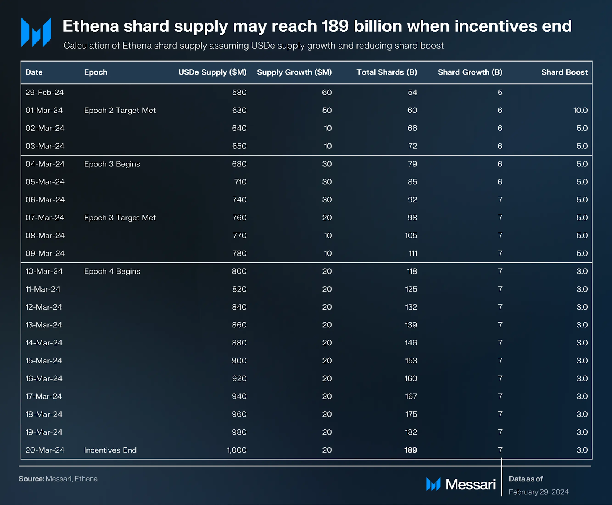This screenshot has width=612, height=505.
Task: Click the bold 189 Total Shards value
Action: [410, 450]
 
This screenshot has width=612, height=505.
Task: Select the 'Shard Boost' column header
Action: [564, 72]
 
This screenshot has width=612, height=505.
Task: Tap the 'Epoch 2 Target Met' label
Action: [120, 110]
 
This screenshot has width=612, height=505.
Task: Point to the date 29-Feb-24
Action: [44, 93]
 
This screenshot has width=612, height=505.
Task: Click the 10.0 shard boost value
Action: [580, 110]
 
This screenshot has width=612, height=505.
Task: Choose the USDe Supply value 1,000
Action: [236, 450]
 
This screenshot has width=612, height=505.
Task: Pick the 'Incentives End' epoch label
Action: [110, 450]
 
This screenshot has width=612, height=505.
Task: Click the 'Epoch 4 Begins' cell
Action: [112, 271]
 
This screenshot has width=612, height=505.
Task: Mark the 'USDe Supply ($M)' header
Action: [212, 72]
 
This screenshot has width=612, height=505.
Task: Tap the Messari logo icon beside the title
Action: [36, 32]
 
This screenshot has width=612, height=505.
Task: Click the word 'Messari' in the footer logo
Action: [470, 484]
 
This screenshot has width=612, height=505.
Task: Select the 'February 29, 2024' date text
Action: [539, 492]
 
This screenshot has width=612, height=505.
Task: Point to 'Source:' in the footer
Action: [31, 479]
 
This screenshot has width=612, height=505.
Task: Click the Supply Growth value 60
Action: [327, 93]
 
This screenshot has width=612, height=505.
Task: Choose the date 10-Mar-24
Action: [44, 271]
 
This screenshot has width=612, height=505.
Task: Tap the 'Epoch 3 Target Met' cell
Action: [120, 218]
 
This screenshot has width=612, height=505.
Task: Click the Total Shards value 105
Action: [411, 236]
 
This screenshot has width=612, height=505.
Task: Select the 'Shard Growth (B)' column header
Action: [470, 72]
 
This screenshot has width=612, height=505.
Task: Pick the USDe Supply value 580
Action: [239, 93]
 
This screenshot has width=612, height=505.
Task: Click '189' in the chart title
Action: [335, 26]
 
